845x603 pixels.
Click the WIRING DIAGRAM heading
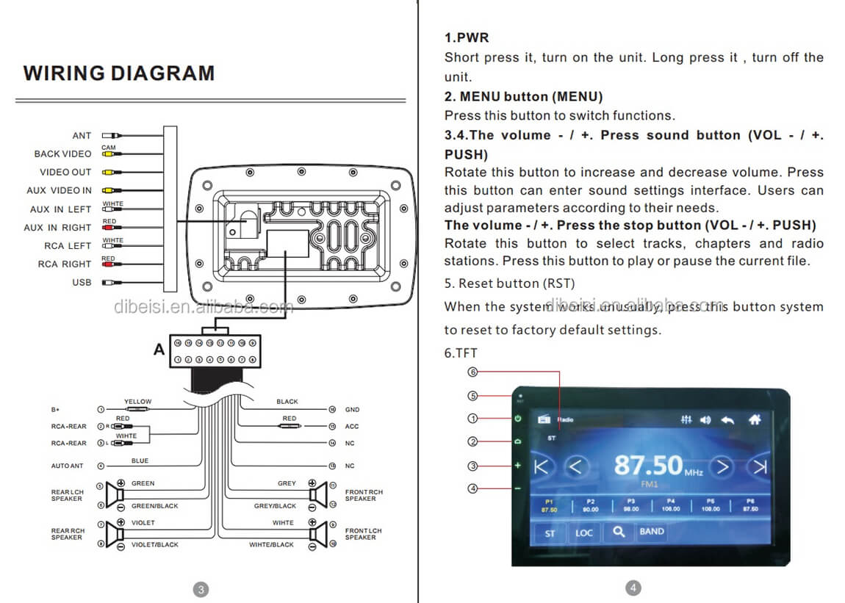point(119,73)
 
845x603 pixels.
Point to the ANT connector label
point(82,136)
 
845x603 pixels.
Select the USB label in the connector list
point(82,283)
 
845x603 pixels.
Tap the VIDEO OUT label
point(65,173)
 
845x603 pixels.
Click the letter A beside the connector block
point(159,350)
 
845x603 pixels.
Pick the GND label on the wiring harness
point(352,410)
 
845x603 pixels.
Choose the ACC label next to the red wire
point(352,427)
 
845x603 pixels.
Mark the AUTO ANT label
point(68,466)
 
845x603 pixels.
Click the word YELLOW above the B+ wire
point(137,402)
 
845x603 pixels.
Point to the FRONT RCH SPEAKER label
point(364,495)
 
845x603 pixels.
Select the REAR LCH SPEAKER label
point(67,495)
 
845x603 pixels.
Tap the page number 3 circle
point(201,588)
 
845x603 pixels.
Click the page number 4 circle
point(633,588)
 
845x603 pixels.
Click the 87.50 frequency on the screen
point(648,466)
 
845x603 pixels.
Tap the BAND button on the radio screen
point(651,532)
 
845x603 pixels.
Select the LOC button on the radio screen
point(584,532)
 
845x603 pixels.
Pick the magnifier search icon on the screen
point(619,532)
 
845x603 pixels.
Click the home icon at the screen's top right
point(754,420)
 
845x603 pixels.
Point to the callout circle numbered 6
point(473,372)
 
